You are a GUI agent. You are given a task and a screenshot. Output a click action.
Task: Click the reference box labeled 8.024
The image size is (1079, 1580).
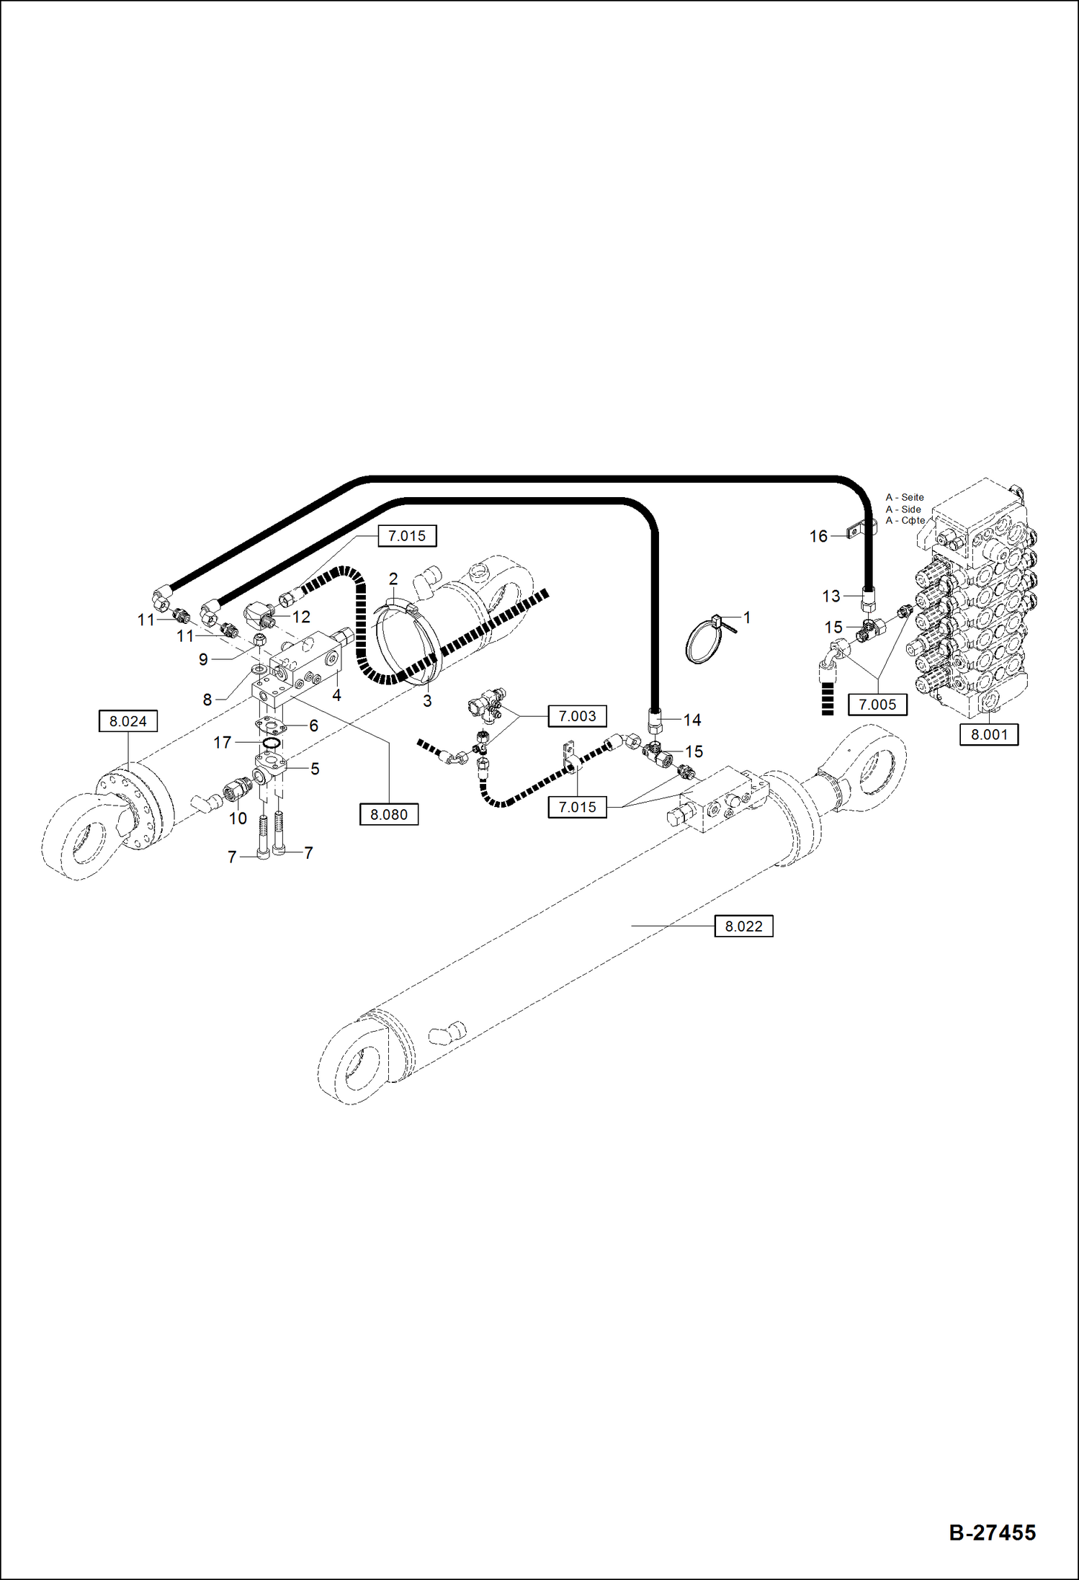127,720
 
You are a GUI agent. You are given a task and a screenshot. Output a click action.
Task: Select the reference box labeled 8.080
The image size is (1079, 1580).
388,814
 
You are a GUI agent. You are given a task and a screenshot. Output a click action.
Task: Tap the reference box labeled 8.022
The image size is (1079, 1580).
743,926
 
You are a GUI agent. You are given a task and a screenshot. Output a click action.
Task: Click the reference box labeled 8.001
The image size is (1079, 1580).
988,734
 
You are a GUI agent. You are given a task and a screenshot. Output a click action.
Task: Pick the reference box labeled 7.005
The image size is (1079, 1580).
877,704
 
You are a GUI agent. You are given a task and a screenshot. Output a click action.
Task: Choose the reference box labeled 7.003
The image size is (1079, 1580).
577,715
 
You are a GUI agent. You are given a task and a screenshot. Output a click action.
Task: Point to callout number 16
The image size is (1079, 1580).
818,536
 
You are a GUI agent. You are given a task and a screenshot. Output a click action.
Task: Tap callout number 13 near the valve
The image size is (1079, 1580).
830,596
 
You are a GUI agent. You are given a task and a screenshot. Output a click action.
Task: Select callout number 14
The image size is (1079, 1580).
691,720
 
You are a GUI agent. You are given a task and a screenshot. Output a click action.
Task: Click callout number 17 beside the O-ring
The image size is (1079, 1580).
223,741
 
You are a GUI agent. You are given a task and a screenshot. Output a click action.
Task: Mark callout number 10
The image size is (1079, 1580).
238,818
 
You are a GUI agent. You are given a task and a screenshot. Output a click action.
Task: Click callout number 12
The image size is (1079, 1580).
301,617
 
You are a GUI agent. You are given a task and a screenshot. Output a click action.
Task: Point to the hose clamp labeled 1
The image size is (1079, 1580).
704,641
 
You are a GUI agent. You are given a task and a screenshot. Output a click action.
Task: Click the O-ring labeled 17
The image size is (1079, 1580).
272,744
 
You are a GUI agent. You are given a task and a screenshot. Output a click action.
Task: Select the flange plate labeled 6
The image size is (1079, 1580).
271,726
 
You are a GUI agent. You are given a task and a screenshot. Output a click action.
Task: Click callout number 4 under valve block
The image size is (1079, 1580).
336,695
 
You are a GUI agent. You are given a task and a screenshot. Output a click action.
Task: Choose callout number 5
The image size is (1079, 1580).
315,769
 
